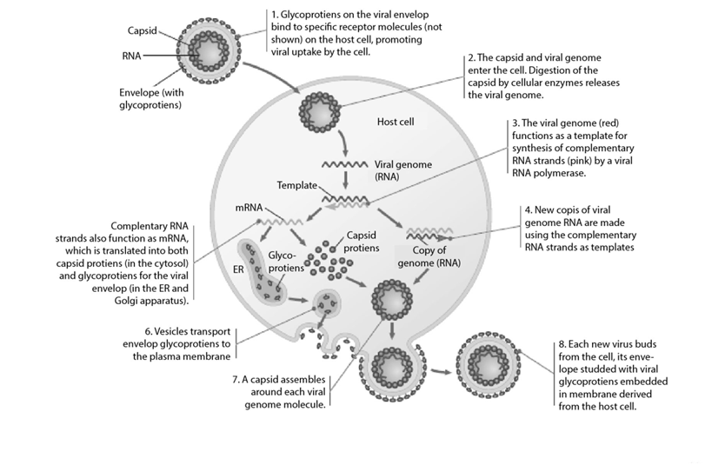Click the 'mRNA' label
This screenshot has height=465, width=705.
tap(249, 209)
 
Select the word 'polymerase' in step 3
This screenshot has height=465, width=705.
tap(572, 173)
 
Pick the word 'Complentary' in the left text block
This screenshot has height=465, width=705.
tap(154, 223)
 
